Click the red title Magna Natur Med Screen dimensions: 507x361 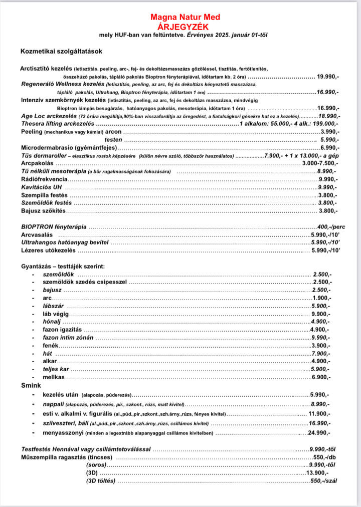click(x=185, y=18)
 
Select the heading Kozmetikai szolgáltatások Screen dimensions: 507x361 click(x=61, y=52)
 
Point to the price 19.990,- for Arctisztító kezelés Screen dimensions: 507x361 click(x=329, y=77)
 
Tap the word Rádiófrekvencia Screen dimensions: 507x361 click(x=44, y=179)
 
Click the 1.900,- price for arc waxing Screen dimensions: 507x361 click(x=321, y=298)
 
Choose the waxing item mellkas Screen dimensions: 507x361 click(x=54, y=377)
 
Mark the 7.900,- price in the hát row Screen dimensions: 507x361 click(x=321, y=353)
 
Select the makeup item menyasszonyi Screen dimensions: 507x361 click(x=63, y=432)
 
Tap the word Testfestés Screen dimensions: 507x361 click(x=38, y=449)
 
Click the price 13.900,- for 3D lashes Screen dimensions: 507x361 click(x=317, y=473)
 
